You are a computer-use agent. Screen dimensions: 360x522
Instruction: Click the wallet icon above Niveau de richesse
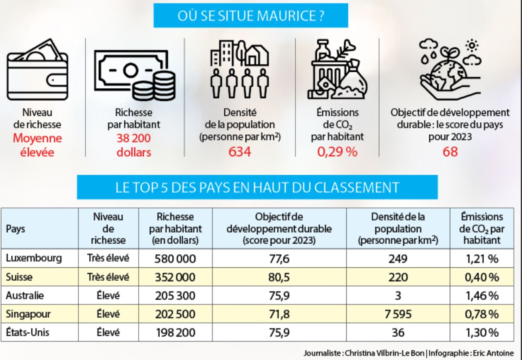[37, 72]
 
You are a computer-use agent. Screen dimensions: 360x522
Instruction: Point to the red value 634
[239, 152]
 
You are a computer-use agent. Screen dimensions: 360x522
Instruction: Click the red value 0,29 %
[337, 152]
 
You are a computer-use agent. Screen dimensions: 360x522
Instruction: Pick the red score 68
[450, 152]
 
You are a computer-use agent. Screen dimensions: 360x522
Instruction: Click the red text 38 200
[134, 138]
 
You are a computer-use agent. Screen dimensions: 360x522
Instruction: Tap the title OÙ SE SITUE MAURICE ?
[251, 16]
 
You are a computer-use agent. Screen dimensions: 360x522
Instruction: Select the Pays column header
[15, 228]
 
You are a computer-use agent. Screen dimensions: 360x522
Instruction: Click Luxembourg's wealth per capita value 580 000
[175, 258]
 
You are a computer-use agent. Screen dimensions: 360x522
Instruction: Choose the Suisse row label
[19, 277]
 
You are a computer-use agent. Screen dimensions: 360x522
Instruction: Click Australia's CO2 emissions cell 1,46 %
[482, 296]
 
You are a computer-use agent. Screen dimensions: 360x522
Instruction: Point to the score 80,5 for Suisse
[279, 277]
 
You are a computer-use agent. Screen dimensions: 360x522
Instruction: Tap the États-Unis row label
[27, 332]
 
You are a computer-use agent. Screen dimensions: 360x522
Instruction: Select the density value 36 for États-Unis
[398, 332]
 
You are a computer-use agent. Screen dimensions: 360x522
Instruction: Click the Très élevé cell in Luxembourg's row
[108, 258]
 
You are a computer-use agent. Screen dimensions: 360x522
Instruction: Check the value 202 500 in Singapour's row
[175, 314]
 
